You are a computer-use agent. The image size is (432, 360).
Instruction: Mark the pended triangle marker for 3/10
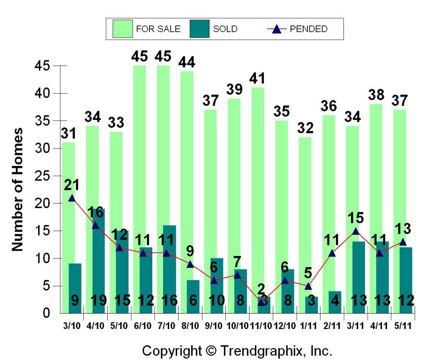coord(72,198)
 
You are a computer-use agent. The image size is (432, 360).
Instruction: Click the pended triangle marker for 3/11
coord(356,231)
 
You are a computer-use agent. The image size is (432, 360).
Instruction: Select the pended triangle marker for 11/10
coord(261,302)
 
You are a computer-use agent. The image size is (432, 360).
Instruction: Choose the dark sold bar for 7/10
coord(169,269)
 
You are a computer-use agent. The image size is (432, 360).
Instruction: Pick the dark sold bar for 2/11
coord(335,302)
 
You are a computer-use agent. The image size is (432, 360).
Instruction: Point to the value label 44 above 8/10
coord(190,62)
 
